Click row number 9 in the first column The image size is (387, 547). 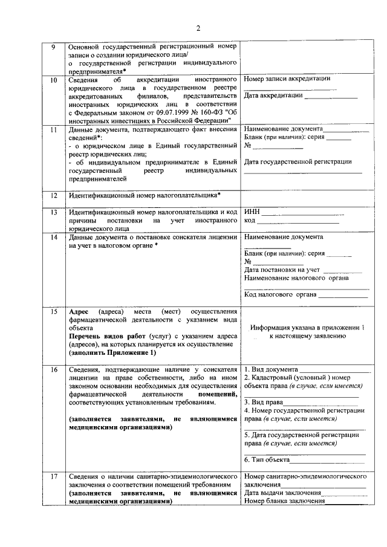coord(53,47)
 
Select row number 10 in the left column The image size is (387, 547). coord(53,80)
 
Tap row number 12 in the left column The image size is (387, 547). coord(53,195)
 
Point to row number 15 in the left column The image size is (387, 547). coord(53,312)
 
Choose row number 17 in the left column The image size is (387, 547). coord(53,477)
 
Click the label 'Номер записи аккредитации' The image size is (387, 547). coord(287,79)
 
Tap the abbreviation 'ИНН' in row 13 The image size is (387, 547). coord(252,212)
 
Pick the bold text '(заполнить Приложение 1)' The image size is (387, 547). coord(112,352)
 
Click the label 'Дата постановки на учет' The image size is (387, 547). coord(282,270)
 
